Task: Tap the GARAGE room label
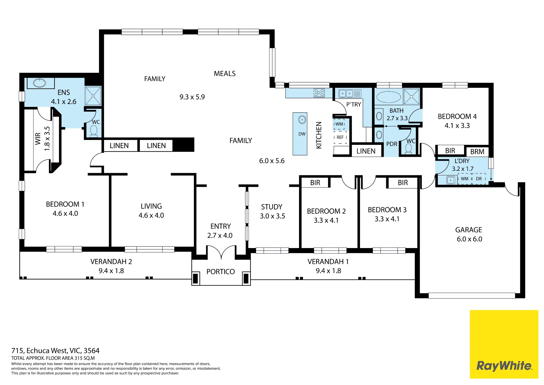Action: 469,230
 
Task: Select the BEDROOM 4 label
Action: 457,117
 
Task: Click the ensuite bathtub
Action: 40,83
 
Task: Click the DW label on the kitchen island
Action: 302,134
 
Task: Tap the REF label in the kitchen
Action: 340,137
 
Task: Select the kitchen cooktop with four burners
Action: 319,93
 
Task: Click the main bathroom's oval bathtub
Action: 389,97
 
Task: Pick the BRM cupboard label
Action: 477,152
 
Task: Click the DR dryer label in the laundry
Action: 479,179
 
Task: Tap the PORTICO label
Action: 221,272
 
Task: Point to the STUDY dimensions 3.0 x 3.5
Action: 273,216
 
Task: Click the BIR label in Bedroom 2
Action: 315,183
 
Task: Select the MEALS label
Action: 225,74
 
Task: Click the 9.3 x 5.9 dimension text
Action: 192,97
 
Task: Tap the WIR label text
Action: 38,139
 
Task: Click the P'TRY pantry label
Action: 354,105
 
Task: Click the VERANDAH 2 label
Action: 111,262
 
